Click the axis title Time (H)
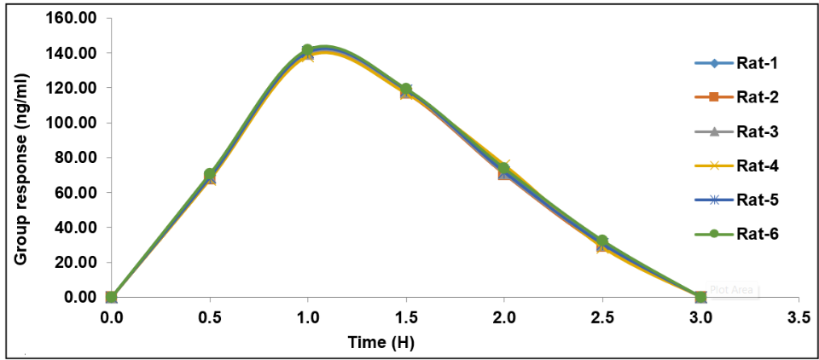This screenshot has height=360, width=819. coord(380,342)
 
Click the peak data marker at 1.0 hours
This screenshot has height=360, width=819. coord(307,51)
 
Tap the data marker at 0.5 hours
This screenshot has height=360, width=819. coord(209,176)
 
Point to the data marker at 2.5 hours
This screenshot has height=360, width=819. coord(602,242)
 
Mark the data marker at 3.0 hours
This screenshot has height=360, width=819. coord(700,297)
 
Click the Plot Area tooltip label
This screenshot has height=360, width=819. coord(731,290)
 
